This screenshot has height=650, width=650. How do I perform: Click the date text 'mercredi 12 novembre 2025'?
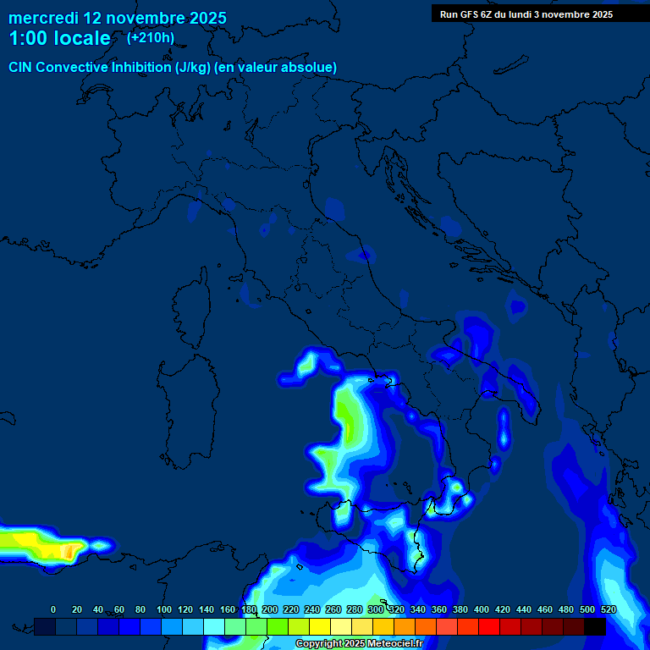pyautogui.click(x=118, y=18)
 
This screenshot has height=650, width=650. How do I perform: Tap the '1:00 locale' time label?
pyautogui.click(x=59, y=38)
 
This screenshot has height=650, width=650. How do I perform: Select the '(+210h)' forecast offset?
pyautogui.click(x=151, y=37)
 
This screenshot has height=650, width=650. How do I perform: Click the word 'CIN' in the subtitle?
pyautogui.click(x=22, y=67)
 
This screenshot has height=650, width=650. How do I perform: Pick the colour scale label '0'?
pyautogui.click(x=53, y=609)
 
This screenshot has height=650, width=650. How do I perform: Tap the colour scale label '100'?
pyautogui.click(x=164, y=609)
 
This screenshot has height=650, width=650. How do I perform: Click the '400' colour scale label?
pyautogui.click(x=482, y=609)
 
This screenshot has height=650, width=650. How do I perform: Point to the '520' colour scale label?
pyautogui.click(x=608, y=609)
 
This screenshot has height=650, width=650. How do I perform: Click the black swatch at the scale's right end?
pyautogui.click(x=595, y=626)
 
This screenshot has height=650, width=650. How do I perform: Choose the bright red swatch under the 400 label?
pyautogui.click(x=489, y=626)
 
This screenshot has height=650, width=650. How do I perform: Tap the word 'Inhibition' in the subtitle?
pyautogui.click(x=140, y=67)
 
